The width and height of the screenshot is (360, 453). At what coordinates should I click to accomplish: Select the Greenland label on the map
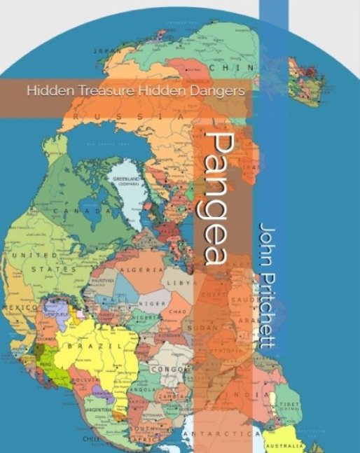(x=127, y=181)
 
